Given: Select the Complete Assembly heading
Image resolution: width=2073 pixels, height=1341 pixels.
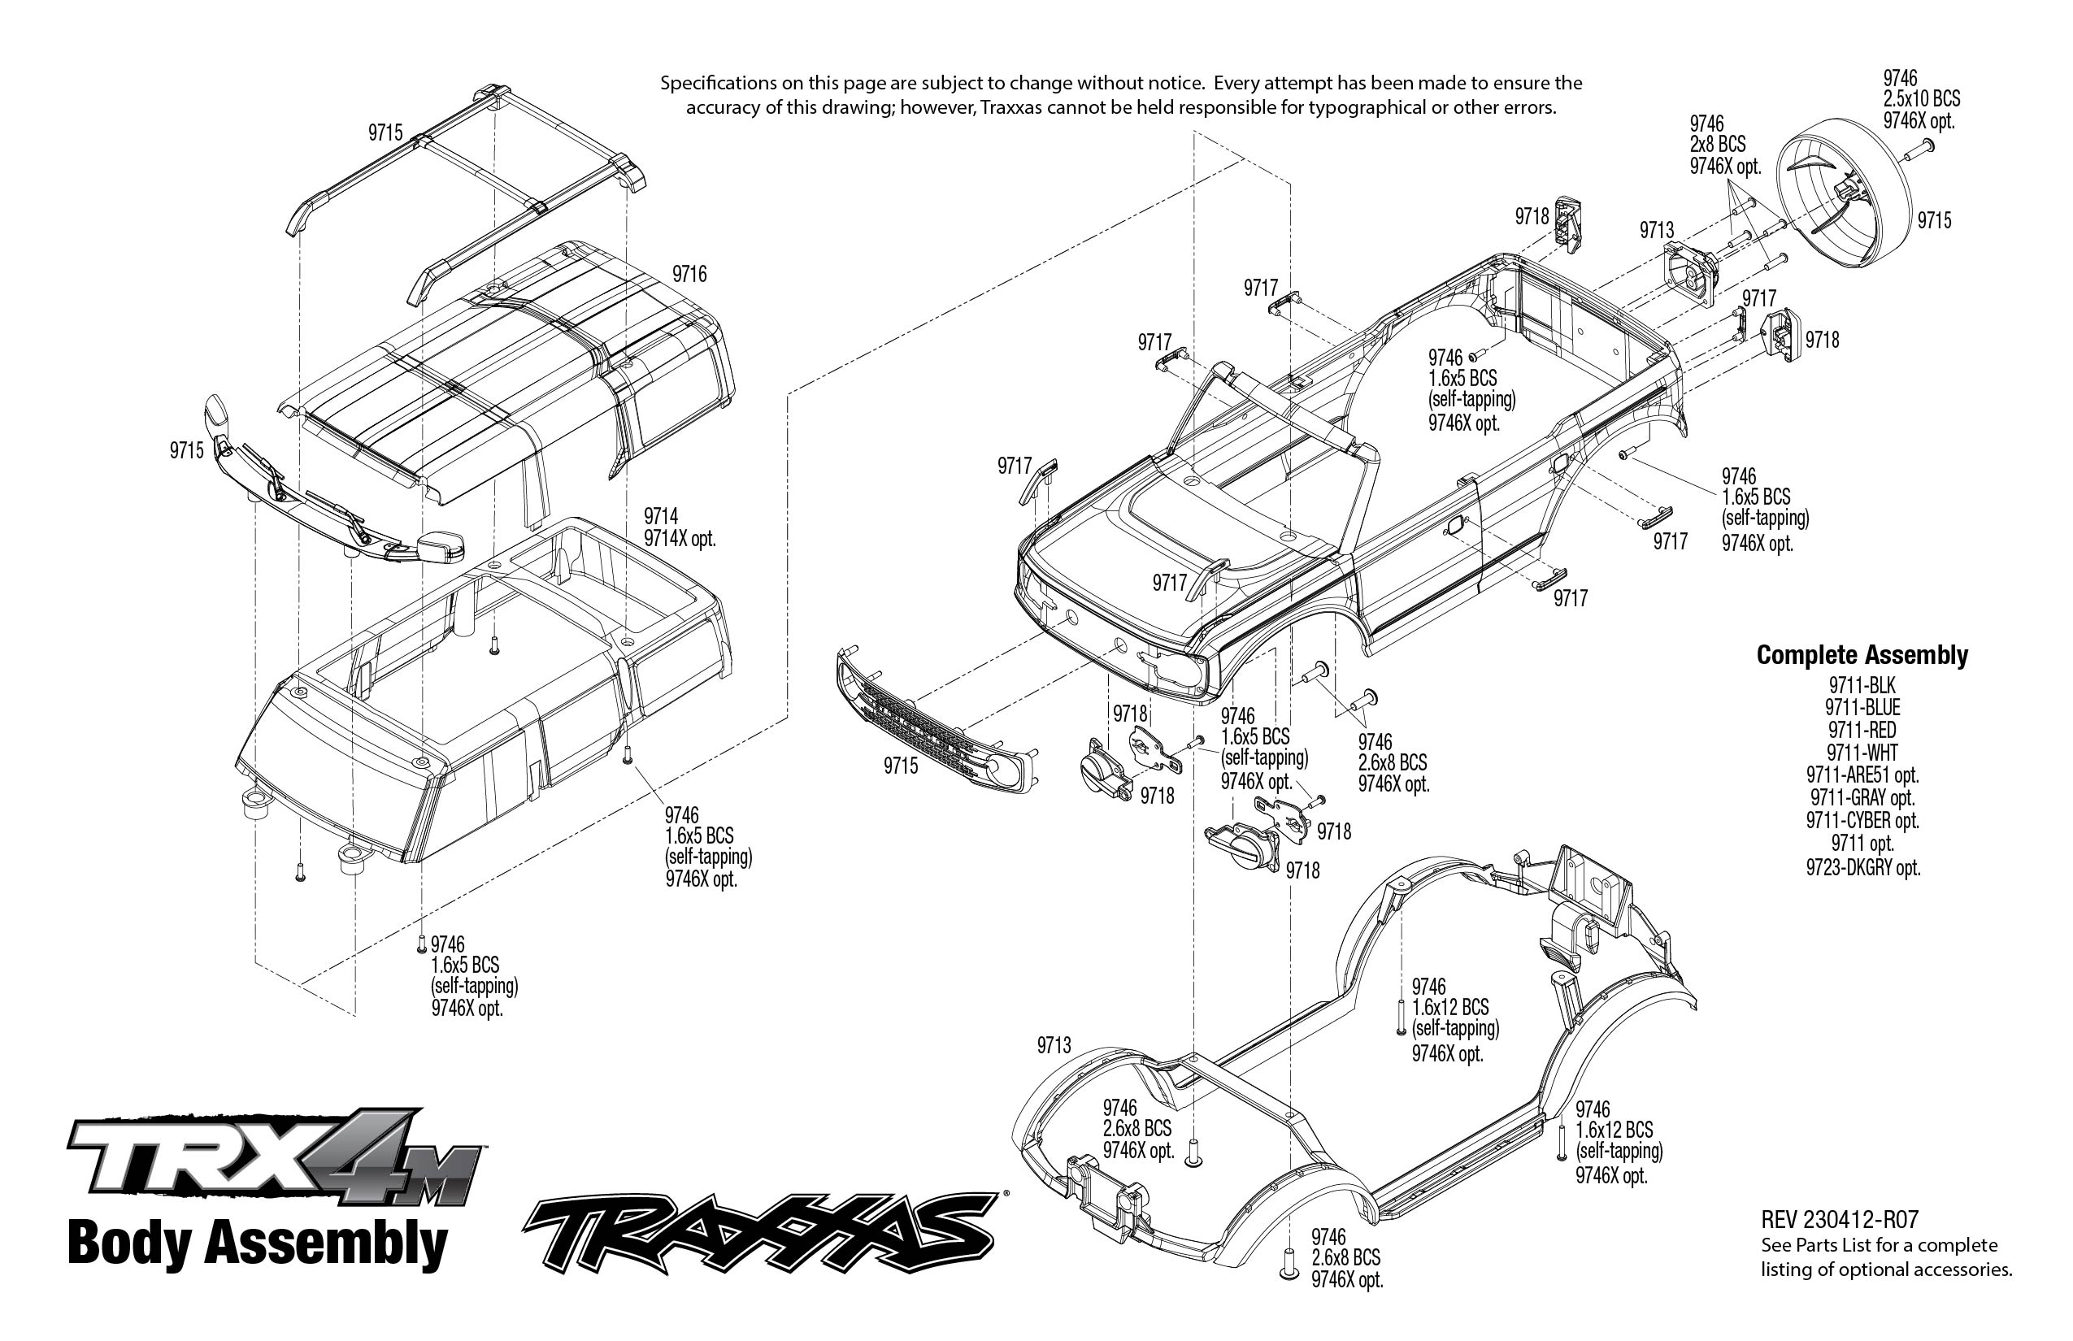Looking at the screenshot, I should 1862,655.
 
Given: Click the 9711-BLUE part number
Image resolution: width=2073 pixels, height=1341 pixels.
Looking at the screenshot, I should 1862,707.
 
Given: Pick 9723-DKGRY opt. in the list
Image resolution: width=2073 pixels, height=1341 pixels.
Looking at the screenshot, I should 1862,867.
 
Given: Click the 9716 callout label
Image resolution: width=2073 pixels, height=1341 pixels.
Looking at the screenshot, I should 689,275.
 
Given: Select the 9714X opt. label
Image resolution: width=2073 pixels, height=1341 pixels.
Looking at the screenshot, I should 680,539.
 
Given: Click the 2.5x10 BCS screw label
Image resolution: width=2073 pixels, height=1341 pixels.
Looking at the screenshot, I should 1922,99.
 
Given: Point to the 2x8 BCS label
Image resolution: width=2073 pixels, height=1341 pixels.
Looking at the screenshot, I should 1718,145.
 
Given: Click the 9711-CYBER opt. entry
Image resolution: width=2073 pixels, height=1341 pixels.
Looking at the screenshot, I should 1862,821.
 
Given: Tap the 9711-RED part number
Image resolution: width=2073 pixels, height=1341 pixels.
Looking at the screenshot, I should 1862,730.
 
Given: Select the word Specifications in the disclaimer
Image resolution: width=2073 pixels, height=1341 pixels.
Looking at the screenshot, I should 718,84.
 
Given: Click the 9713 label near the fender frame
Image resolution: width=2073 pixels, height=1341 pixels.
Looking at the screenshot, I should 1054,1045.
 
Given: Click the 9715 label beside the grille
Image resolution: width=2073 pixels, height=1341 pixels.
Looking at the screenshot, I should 901,766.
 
